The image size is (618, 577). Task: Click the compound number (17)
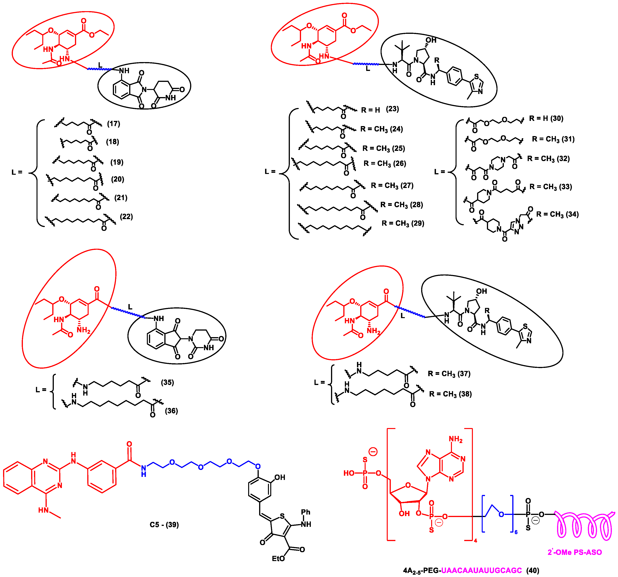pyautogui.click(x=113, y=124)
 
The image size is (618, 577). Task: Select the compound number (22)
pyautogui.click(x=126, y=216)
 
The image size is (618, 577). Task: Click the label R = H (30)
pyautogui.click(x=546, y=118)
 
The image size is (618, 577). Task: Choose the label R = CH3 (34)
pyautogui.click(x=557, y=214)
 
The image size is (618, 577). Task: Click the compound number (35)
pyautogui.click(x=167, y=382)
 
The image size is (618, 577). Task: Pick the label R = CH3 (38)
pyautogui.click(x=450, y=394)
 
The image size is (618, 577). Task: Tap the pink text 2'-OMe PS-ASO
pyautogui.click(x=575, y=552)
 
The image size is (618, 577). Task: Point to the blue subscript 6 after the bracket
pyautogui.click(x=516, y=532)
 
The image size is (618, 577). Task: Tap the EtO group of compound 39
pyautogui.click(x=278, y=559)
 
